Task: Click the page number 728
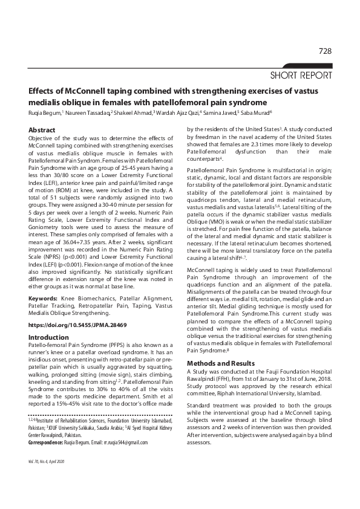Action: pyautogui.click(x=325, y=51)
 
